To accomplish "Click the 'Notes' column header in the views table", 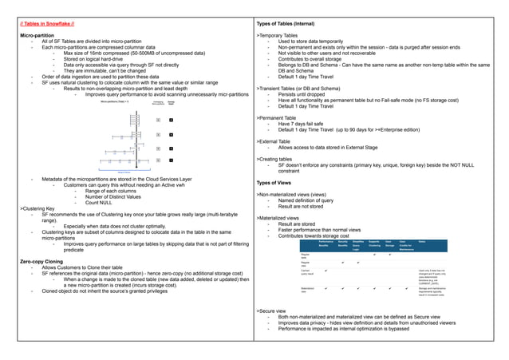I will coord(422,241).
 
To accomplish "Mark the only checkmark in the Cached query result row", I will coord(326,271).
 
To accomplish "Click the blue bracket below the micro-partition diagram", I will coord(124,171).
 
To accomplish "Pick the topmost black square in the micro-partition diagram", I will coord(170,120).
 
